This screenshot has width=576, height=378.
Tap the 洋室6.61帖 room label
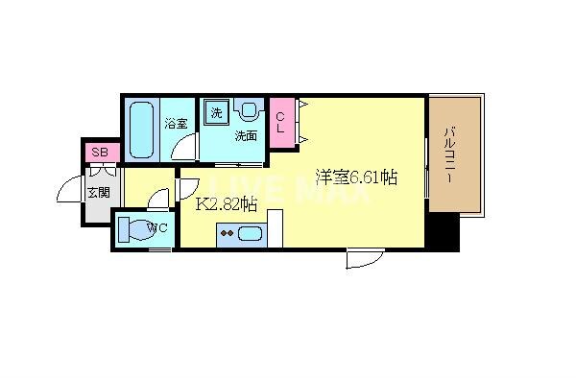(356, 177)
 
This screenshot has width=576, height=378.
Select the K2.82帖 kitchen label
(227, 203)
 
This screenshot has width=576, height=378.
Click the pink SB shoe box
(99, 152)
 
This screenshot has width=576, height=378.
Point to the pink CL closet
(281, 124)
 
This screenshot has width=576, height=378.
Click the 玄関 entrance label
(99, 193)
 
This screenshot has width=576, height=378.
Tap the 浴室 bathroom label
(175, 123)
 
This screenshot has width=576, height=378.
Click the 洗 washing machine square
(216, 113)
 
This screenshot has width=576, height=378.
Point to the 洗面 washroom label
(246, 135)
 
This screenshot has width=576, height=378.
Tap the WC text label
(159, 228)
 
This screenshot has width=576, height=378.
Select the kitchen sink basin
(251, 233)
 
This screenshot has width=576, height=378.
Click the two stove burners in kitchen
(228, 232)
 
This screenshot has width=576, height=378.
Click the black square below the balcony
(444, 230)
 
